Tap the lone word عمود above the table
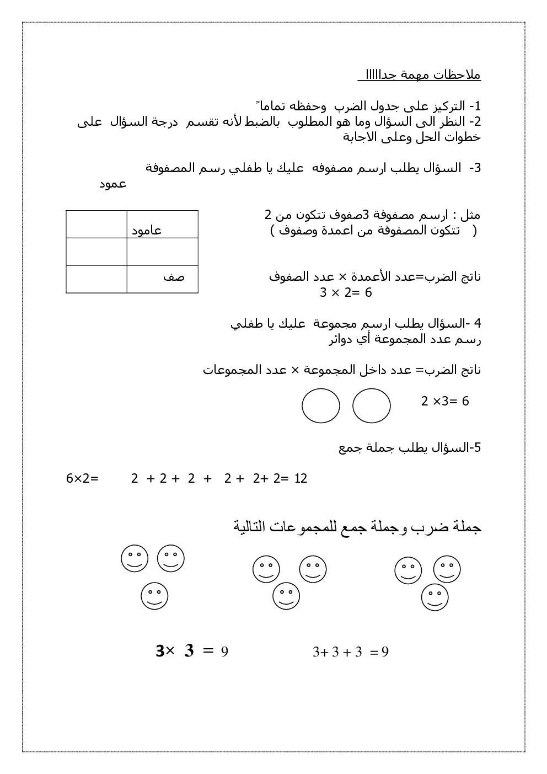tap(112, 184)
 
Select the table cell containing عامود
tap(162, 225)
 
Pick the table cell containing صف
tap(162, 279)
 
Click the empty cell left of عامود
tap(96, 225)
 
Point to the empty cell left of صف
tap(96, 279)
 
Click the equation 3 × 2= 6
tap(346, 293)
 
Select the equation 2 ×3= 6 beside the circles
tap(445, 401)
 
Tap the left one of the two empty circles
tap(321, 406)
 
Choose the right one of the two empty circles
tap(372, 406)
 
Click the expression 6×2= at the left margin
tap(82, 478)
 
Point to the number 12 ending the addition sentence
tap(301, 478)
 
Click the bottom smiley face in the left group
tap(154, 596)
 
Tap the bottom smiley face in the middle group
tap(286, 596)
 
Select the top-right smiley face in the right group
tap(447, 569)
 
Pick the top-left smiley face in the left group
tap(135, 558)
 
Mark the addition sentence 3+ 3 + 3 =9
tap(351, 652)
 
